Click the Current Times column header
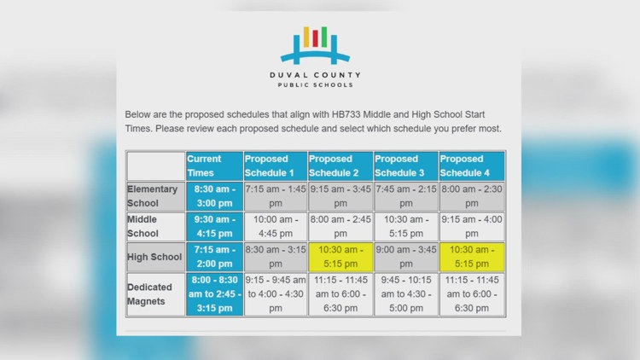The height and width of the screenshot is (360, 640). pyautogui.click(x=213, y=165)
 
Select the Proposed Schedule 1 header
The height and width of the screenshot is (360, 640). pyautogui.click(x=275, y=165)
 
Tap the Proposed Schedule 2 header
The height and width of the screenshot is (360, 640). pyautogui.click(x=340, y=165)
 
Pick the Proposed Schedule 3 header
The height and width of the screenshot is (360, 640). pyautogui.click(x=405, y=165)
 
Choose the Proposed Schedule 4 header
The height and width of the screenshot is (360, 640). pyautogui.click(x=471, y=165)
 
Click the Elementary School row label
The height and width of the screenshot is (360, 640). pyautogui.click(x=155, y=196)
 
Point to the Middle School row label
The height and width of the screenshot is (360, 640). pyautogui.click(x=155, y=226)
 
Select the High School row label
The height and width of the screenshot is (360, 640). pyautogui.click(x=155, y=257)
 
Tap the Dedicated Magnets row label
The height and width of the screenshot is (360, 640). pyautogui.click(x=155, y=294)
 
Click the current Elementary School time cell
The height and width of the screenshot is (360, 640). pyautogui.click(x=213, y=196)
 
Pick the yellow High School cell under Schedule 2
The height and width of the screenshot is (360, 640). pyautogui.click(x=340, y=257)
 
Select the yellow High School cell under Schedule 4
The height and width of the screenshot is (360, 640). pyautogui.click(x=471, y=257)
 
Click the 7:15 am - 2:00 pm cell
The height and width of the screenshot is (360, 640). pyautogui.click(x=213, y=257)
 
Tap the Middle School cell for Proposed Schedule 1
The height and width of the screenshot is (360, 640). pyautogui.click(x=275, y=226)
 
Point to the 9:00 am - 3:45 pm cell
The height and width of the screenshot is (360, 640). pyautogui.click(x=405, y=257)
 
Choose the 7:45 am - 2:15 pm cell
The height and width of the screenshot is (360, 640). pyautogui.click(x=405, y=196)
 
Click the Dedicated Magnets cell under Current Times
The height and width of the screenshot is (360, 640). pyautogui.click(x=213, y=294)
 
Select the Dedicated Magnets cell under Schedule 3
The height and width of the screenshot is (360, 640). pyautogui.click(x=405, y=294)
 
